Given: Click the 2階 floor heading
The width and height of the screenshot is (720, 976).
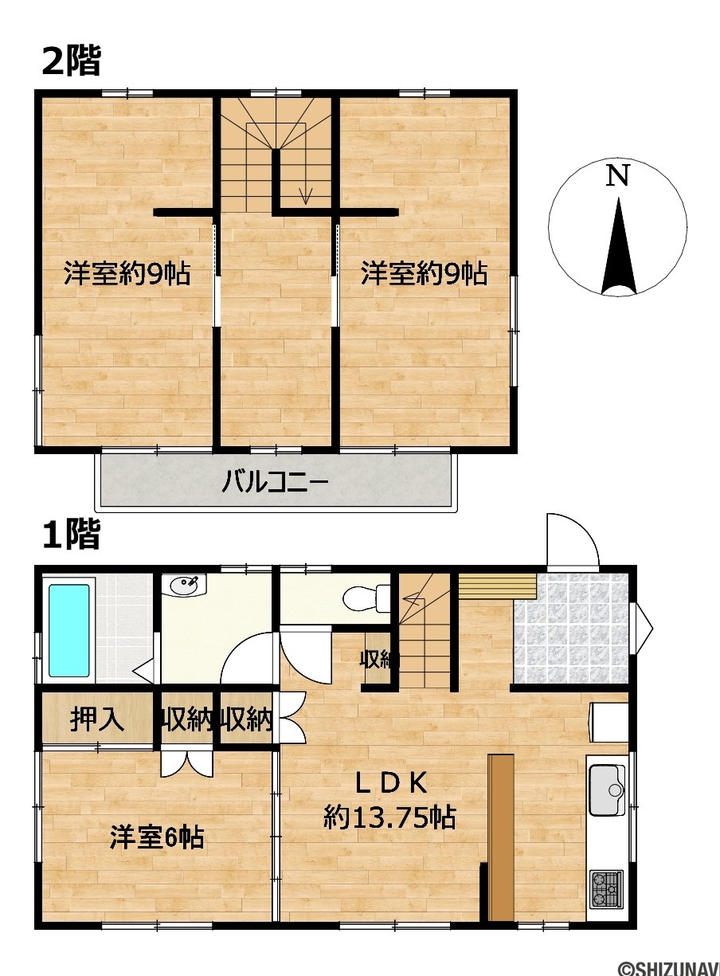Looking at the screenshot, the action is point(72,61).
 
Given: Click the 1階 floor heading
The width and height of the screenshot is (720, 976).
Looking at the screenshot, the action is point(72,534).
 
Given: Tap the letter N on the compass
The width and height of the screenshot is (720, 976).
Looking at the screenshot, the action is point(617,176).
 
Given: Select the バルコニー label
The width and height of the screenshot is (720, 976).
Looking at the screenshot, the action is point(275,482).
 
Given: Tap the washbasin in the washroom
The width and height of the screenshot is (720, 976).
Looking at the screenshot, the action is point(183,586).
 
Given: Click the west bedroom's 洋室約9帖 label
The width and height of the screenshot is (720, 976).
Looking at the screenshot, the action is point(127,274).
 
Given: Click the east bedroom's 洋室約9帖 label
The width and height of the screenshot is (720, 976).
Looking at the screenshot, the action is point(425,274).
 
